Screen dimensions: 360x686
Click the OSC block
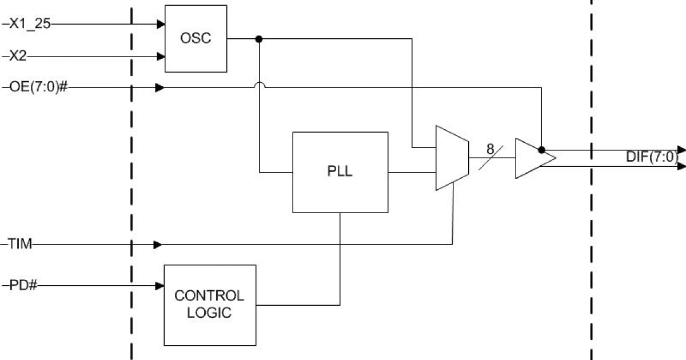[x=196, y=38]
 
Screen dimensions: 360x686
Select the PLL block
[x=340, y=172]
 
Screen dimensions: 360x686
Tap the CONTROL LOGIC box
[x=209, y=305]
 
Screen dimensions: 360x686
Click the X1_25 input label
[x=30, y=24]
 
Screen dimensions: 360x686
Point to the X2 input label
[x=19, y=56]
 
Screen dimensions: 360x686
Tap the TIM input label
[x=21, y=245]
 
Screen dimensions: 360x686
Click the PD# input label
[x=23, y=285]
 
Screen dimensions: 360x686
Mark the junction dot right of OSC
[x=259, y=39]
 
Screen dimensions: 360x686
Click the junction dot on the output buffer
[x=541, y=150]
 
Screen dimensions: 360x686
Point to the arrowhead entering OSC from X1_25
[x=161, y=25]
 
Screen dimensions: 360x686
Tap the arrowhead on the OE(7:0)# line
[x=160, y=88]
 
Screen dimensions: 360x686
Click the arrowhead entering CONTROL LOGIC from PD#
[x=160, y=285]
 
